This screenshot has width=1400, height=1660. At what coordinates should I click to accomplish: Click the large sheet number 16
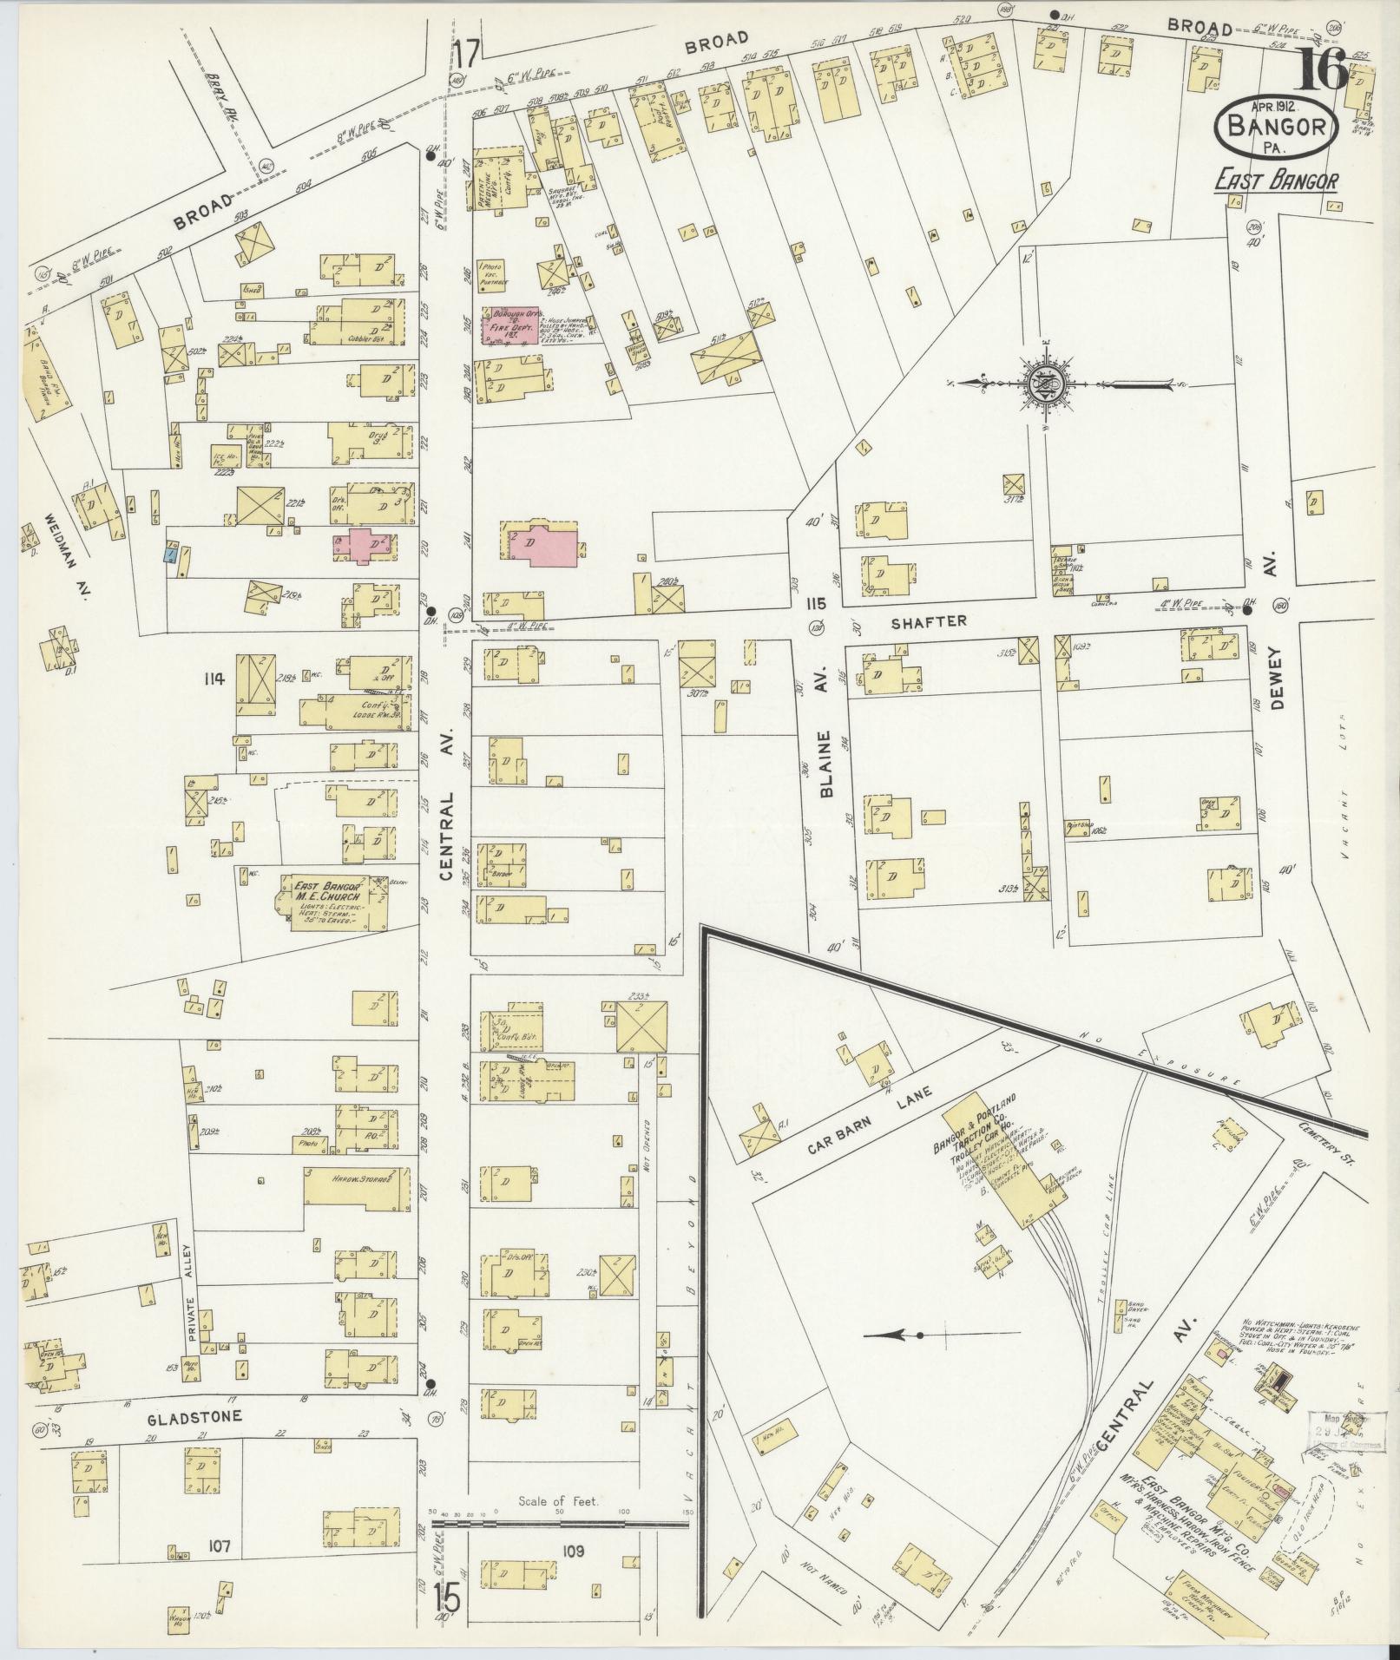coord(1322,69)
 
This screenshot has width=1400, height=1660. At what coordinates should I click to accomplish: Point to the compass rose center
coord(1040,383)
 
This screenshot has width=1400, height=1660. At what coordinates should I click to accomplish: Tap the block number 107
coord(219,1545)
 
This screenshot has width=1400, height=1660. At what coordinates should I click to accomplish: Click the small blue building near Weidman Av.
coord(172,552)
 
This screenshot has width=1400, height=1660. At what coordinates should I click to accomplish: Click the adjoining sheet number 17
coord(466,54)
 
